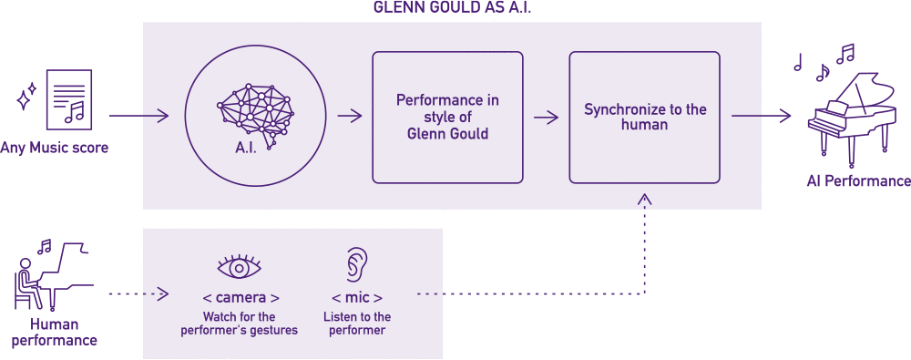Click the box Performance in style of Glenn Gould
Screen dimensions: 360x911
point(447,117)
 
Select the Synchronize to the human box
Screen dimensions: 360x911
point(644,117)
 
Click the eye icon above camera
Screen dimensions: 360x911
point(240,267)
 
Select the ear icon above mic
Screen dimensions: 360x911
point(355,265)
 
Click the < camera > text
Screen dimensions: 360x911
point(240,298)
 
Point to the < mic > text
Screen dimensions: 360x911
point(356,298)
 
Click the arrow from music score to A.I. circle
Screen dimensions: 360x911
point(138,116)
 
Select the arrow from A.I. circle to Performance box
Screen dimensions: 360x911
point(350,116)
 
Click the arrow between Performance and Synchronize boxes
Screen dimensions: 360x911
point(546,117)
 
